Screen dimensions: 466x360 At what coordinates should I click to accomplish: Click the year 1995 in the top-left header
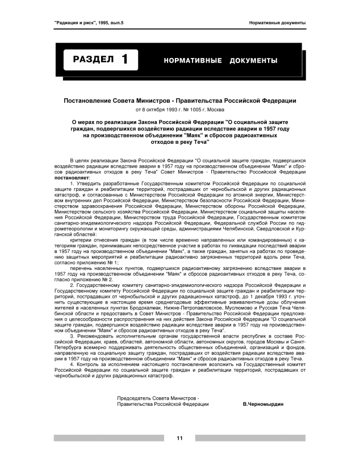coord(106,23)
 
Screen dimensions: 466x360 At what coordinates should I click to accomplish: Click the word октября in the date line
coord(153,109)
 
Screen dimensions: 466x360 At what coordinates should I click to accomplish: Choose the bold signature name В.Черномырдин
coord(262,403)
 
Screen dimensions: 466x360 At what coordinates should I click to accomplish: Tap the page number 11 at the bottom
coord(179,438)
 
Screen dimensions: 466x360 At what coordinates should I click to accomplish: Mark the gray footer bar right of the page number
coord(250,438)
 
